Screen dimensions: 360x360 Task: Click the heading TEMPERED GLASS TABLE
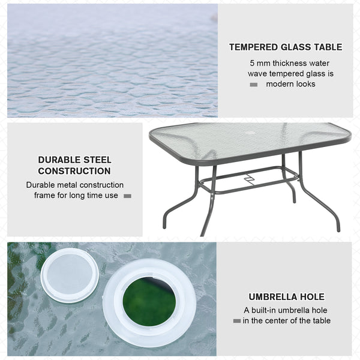pyautogui.click(x=286, y=47)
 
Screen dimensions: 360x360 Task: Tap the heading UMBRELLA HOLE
pyautogui.click(x=286, y=297)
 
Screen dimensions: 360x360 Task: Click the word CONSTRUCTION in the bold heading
pyautogui.click(x=74, y=171)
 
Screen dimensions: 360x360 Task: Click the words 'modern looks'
pyautogui.click(x=290, y=84)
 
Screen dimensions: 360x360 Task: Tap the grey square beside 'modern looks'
pyautogui.click(x=254, y=85)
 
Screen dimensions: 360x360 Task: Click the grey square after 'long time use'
pyautogui.click(x=127, y=196)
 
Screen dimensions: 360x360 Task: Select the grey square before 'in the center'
pyautogui.click(x=236, y=321)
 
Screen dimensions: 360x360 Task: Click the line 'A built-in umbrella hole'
pyautogui.click(x=286, y=310)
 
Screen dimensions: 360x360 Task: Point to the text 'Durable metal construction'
pyautogui.click(x=74, y=185)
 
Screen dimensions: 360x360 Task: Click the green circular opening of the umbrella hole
pyautogui.click(x=149, y=302)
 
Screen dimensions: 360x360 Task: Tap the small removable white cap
pyautogui.click(x=70, y=274)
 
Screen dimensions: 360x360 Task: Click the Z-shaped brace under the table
pyautogui.click(x=249, y=178)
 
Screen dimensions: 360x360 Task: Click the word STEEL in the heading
pyautogui.click(x=98, y=160)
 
